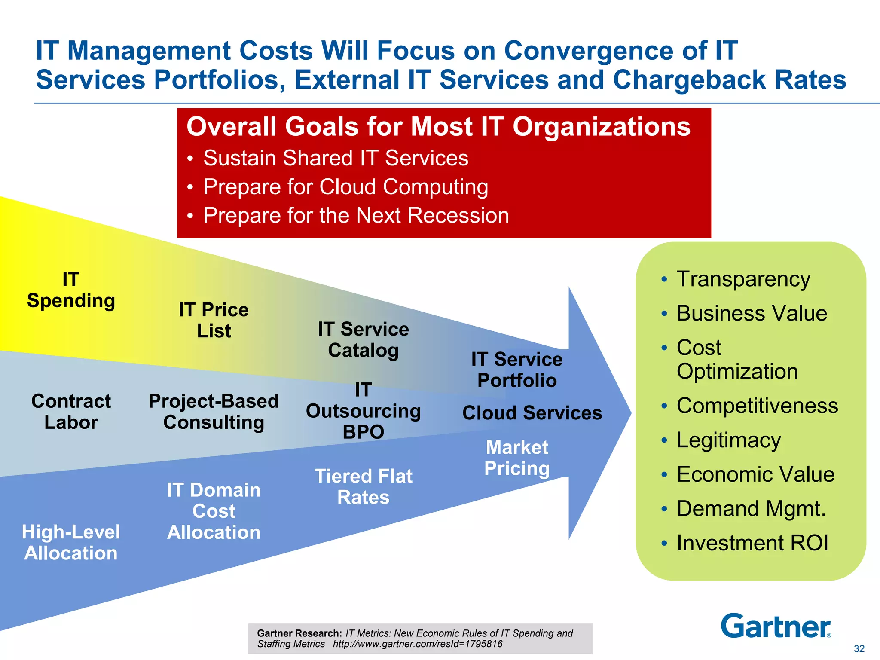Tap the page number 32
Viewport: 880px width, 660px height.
[x=859, y=649]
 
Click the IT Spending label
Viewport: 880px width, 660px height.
[x=71, y=290]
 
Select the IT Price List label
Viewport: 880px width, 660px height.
[x=214, y=320]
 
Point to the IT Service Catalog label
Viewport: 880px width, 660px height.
[x=363, y=339]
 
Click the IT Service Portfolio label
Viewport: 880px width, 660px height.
[x=516, y=370]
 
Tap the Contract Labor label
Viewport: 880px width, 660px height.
[x=71, y=412]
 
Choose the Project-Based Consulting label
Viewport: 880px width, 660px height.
[x=214, y=412]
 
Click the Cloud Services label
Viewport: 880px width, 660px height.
[x=532, y=413]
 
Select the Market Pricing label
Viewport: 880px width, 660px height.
[x=517, y=458]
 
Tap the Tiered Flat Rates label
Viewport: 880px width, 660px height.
[x=363, y=486]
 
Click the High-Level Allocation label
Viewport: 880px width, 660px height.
[x=71, y=542]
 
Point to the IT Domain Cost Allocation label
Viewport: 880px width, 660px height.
[x=214, y=511]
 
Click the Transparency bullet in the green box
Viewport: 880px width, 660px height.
[x=743, y=279]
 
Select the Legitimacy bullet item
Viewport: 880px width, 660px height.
[x=728, y=440]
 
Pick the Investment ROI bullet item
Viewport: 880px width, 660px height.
[x=752, y=543]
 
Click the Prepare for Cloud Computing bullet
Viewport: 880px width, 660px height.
[x=345, y=187]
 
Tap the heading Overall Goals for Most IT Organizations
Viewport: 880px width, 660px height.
[x=438, y=127]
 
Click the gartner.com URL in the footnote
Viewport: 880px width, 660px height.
[x=417, y=644]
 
